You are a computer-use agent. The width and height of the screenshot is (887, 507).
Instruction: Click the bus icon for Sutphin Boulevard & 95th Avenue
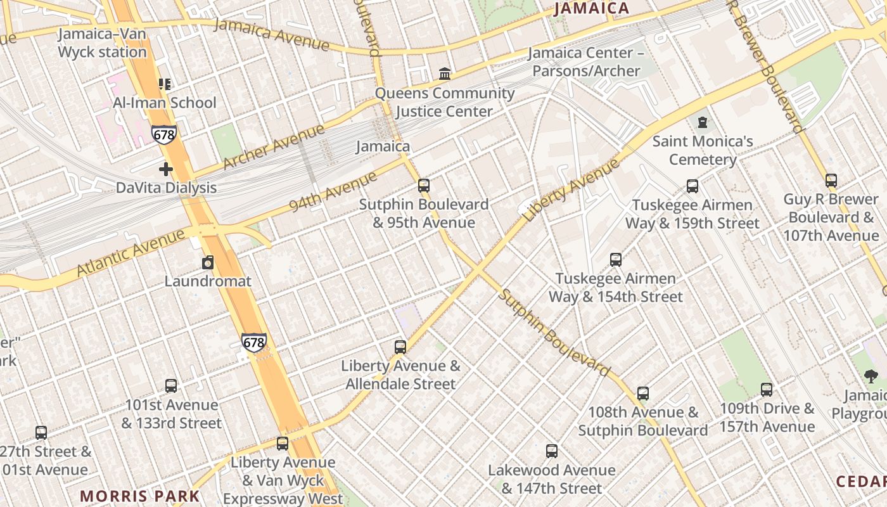point(424,186)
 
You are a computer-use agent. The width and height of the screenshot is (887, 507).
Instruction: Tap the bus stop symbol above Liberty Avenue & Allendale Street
point(400,347)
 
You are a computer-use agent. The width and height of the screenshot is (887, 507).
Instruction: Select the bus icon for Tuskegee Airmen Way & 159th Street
point(692,186)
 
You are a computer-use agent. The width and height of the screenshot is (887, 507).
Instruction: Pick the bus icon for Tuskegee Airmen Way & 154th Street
point(615,259)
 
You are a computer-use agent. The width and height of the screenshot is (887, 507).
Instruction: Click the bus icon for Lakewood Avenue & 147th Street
point(552,451)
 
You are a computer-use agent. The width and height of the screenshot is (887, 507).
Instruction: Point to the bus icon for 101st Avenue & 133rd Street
point(171,385)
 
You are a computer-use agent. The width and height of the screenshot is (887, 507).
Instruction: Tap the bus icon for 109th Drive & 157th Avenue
point(767,389)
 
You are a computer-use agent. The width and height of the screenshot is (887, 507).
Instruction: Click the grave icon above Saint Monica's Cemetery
point(702,122)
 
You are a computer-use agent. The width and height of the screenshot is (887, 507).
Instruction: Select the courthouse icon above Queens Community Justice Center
point(445,74)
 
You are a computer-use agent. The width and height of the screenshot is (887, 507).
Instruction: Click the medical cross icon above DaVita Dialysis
point(166,169)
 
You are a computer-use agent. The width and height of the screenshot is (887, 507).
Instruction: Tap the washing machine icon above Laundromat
point(208,262)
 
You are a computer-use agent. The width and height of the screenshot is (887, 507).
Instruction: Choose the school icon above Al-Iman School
point(165,84)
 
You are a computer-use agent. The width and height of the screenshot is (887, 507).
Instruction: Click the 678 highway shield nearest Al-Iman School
point(163,134)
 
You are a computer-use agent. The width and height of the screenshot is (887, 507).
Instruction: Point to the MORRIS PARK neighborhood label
point(140,496)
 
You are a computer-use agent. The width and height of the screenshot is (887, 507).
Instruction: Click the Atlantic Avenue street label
point(131,252)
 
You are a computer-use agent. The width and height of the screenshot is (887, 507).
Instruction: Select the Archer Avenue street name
point(273,148)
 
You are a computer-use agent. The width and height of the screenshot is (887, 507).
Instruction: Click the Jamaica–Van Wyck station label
point(103,43)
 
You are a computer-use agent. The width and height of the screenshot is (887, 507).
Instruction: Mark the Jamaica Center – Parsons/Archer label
point(585,61)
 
